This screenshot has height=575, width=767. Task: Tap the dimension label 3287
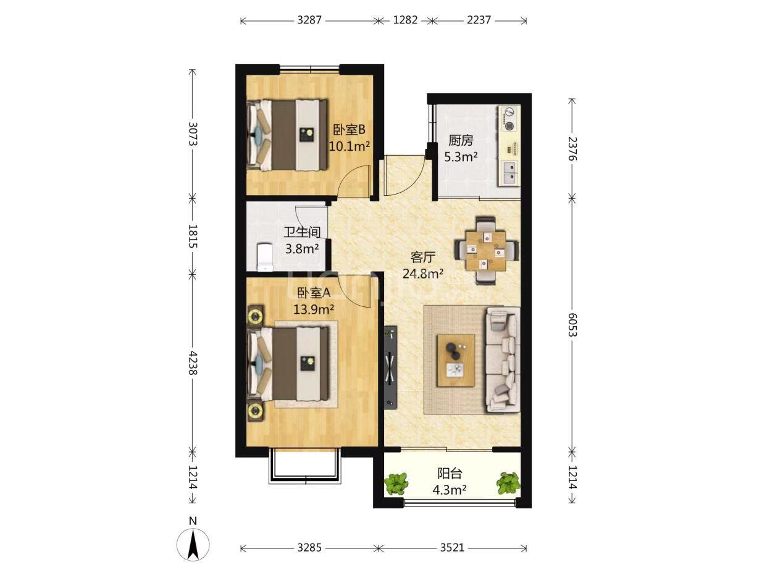click(309, 20)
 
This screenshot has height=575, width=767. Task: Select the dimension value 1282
click(405, 20)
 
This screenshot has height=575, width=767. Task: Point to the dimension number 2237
click(479, 20)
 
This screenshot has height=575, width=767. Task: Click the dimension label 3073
click(193, 134)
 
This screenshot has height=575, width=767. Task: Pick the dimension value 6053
click(572, 324)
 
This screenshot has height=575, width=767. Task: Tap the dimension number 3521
click(452, 547)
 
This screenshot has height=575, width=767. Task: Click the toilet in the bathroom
click(265, 258)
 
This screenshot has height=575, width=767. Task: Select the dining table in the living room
click(487, 251)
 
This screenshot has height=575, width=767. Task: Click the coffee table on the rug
click(456, 361)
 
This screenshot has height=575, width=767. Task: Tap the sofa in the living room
click(503, 360)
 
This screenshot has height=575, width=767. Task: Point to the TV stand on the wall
click(390, 367)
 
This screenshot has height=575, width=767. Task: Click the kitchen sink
click(511, 174)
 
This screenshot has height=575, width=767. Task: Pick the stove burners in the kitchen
click(509, 119)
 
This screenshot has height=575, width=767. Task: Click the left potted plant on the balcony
click(396, 484)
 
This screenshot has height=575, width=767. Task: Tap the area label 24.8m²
click(423, 274)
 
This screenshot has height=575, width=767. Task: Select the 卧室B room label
click(349, 130)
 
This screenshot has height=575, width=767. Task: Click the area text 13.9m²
click(314, 309)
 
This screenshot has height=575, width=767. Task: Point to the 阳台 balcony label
click(450, 474)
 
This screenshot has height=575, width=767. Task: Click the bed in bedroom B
click(288, 135)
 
